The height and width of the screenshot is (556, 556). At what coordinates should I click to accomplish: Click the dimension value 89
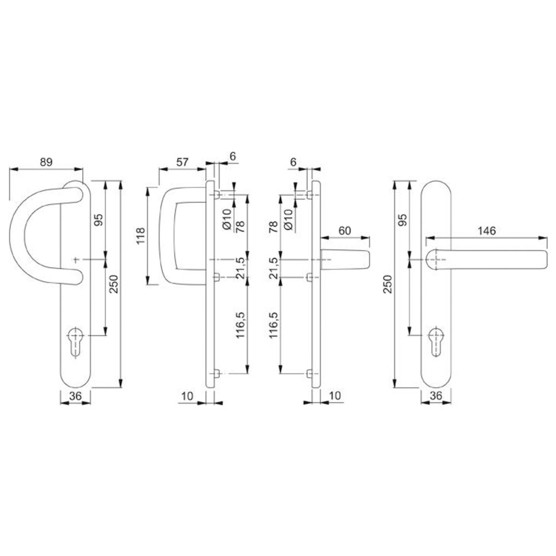coord(46,162)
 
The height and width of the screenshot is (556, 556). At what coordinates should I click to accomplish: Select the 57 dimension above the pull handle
coord(182,162)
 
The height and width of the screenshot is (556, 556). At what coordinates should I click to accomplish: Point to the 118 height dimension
coord(141,235)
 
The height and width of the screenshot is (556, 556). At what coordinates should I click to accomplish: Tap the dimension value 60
coord(345,231)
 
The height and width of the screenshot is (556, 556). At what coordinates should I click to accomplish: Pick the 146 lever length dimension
coord(487,231)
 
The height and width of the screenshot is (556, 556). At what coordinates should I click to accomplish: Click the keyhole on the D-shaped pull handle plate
coord(75,341)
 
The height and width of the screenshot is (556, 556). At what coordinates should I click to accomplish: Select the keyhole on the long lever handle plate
coord(436,341)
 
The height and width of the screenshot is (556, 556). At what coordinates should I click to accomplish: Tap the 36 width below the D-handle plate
coord(76,395)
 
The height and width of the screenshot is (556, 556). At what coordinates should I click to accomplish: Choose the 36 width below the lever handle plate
coord(436,395)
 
